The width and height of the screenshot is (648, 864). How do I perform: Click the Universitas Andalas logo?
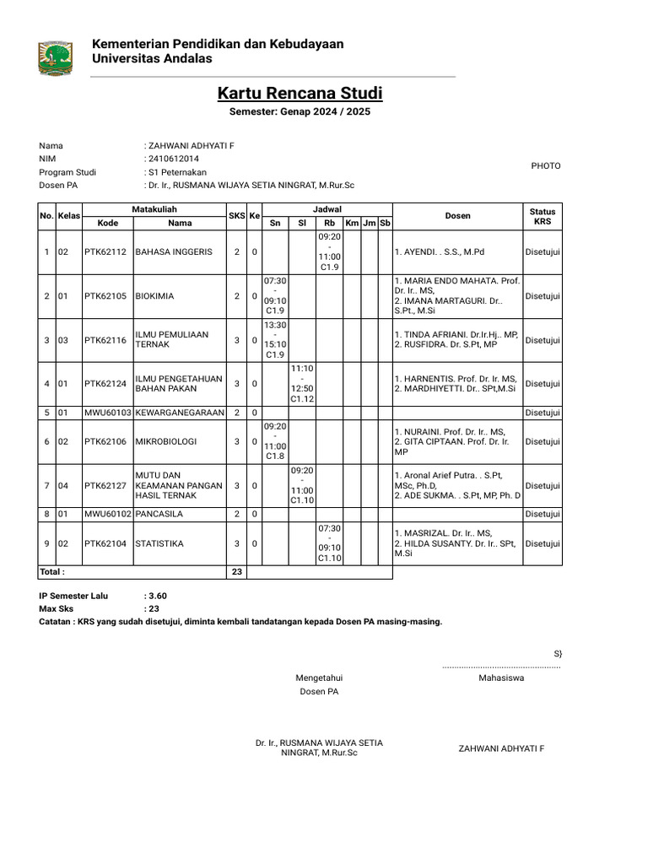pyautogui.click(x=56, y=57)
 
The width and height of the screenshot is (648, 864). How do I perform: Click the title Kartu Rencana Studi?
pyautogui.click(x=300, y=93)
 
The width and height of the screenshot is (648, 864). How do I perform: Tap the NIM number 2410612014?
pyautogui.click(x=174, y=159)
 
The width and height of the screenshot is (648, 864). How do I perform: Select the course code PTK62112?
pyautogui.click(x=105, y=252)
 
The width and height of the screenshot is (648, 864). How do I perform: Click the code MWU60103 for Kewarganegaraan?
pyautogui.click(x=107, y=413)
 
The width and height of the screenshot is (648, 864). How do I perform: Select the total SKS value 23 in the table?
pyautogui.click(x=236, y=573)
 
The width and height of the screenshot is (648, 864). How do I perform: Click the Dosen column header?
pyautogui.click(x=457, y=216)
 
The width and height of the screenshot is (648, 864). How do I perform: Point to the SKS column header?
pyautogui.click(x=236, y=216)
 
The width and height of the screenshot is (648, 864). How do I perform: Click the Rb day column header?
pyautogui.click(x=329, y=224)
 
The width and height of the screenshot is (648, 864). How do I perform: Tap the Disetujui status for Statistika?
pyautogui.click(x=543, y=543)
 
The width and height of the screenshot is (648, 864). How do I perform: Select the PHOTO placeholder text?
pyautogui.click(x=545, y=166)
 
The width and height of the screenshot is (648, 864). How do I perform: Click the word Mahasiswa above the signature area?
pyautogui.click(x=501, y=678)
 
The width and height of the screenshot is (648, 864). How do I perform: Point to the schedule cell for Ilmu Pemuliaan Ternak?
pyautogui.click(x=275, y=340)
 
